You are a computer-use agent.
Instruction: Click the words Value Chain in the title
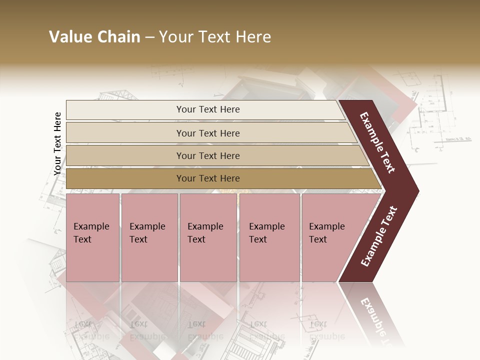click(x=94, y=37)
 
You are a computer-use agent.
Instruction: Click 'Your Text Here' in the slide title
click(x=215, y=37)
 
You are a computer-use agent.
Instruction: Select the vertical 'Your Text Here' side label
click(x=57, y=143)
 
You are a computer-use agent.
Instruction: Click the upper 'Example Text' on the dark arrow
click(x=377, y=142)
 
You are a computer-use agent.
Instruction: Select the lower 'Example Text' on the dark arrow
click(x=379, y=236)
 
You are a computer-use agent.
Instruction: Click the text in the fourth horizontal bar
click(x=208, y=178)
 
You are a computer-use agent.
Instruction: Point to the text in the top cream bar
click(x=208, y=109)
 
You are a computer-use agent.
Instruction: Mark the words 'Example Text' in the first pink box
click(x=91, y=232)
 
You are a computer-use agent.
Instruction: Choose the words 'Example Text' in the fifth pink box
click(x=326, y=232)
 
